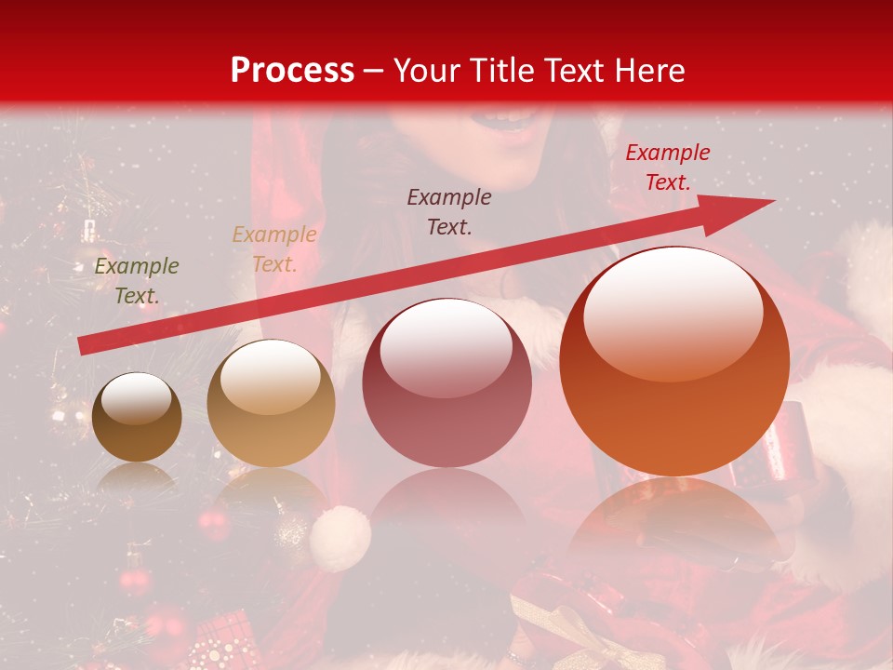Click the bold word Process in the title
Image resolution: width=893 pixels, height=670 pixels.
(x=292, y=71)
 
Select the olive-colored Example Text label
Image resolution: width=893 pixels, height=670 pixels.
(x=137, y=281)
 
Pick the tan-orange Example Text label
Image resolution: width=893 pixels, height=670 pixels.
(x=274, y=249)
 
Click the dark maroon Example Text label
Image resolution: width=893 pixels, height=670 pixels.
(x=449, y=211)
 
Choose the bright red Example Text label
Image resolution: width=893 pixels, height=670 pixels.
(x=668, y=167)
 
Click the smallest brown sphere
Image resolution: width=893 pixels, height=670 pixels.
(x=137, y=419)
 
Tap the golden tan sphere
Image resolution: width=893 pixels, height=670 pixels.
(x=271, y=405)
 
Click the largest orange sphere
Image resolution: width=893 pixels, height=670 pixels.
(x=674, y=363)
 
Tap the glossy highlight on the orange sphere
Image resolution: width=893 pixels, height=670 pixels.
(x=673, y=313)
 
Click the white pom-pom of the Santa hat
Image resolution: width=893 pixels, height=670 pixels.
(x=340, y=539)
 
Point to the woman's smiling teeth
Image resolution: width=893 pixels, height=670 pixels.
(x=510, y=118)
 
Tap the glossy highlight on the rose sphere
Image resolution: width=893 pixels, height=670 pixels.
(x=446, y=347)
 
